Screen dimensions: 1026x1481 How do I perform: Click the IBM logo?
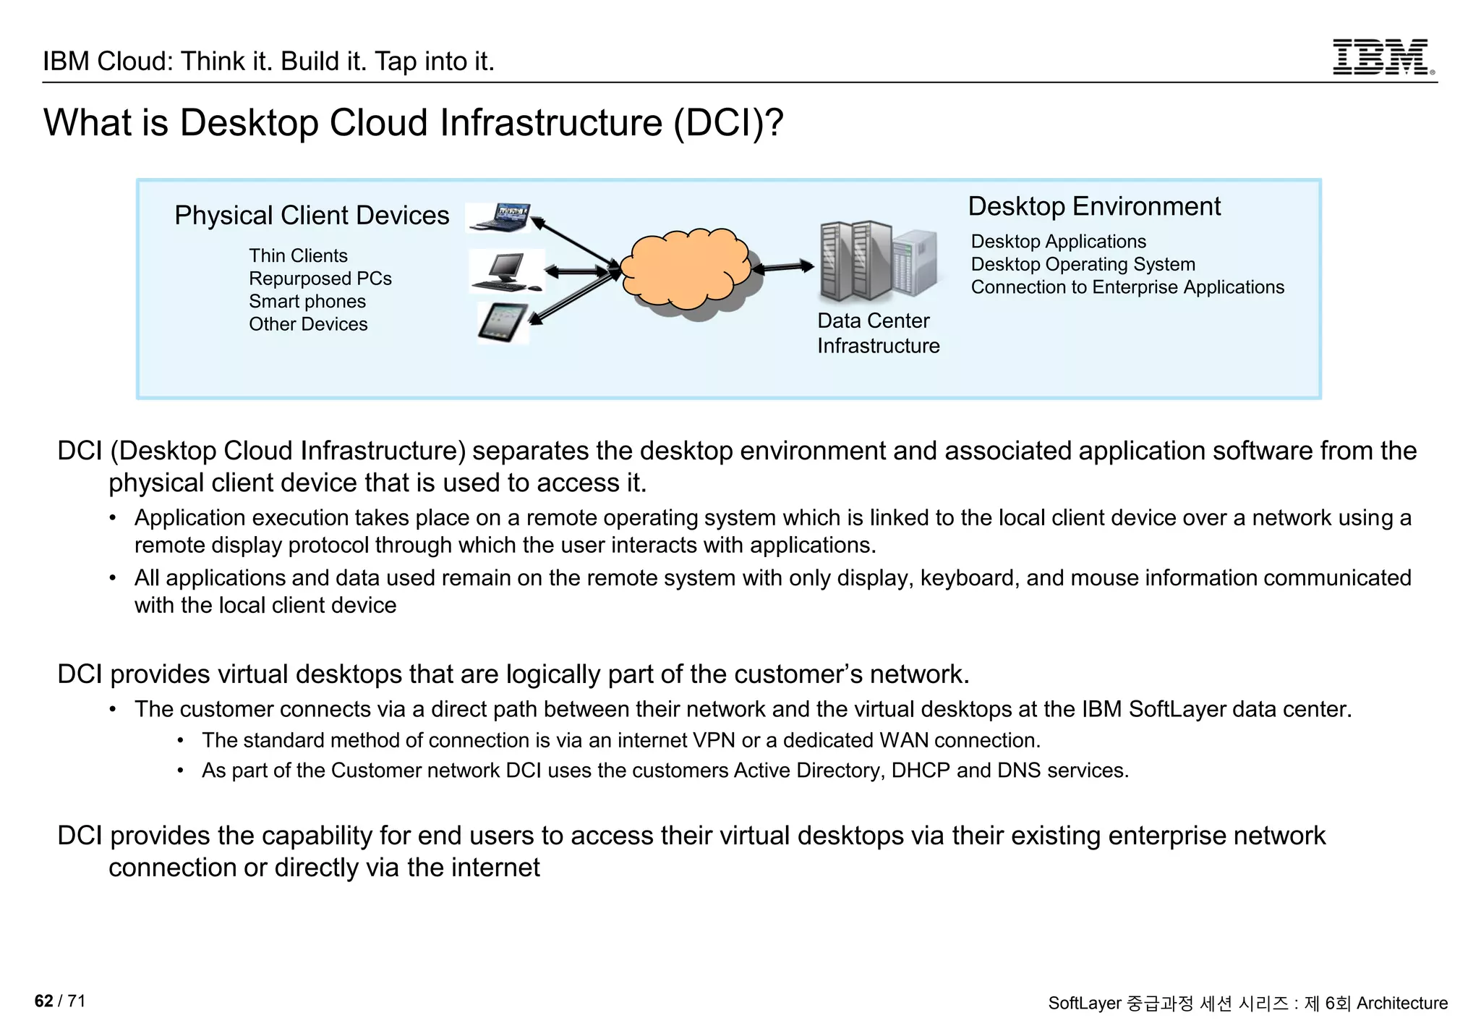(x=1382, y=57)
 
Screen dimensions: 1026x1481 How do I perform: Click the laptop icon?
(x=499, y=218)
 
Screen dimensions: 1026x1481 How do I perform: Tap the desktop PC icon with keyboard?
(x=506, y=272)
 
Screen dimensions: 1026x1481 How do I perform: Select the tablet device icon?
(x=503, y=322)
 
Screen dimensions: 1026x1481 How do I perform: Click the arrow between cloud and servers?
(x=783, y=268)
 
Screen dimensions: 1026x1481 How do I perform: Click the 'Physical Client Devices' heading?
(x=312, y=216)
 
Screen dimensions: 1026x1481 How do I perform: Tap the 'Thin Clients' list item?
(x=298, y=255)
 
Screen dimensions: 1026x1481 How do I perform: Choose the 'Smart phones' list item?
(x=307, y=301)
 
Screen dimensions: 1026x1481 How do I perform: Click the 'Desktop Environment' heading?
(x=1093, y=206)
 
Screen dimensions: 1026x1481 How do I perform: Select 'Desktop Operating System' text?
(x=1083, y=264)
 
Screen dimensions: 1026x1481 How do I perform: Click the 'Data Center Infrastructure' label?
(x=878, y=333)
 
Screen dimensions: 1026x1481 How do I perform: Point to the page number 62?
(x=43, y=1001)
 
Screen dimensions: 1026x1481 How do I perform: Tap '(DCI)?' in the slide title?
(x=728, y=122)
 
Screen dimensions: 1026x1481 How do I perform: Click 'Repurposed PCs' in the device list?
(x=320, y=279)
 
